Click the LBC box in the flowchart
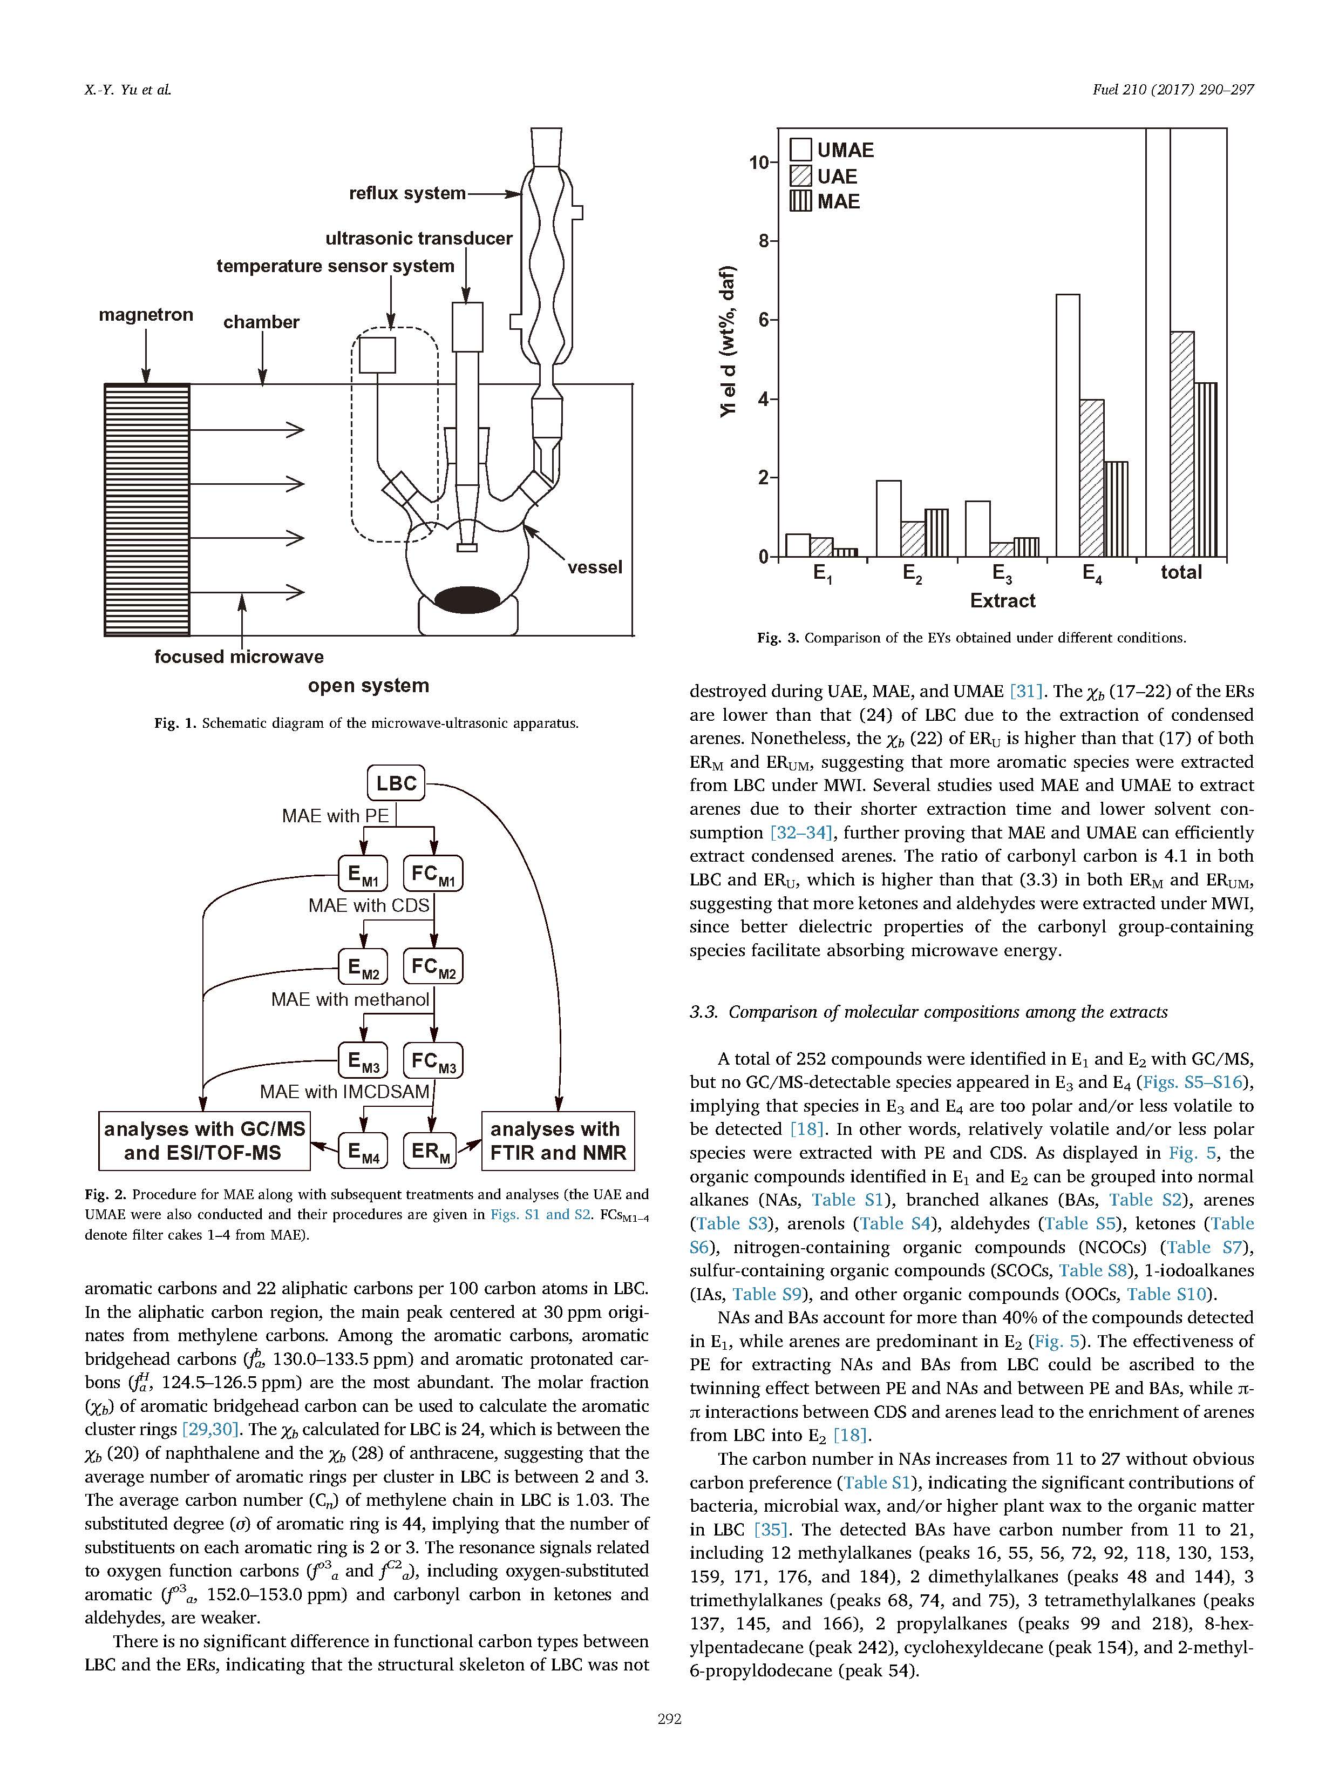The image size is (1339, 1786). (x=396, y=783)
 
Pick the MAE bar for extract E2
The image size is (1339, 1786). (x=936, y=533)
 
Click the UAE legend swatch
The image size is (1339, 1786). (x=801, y=176)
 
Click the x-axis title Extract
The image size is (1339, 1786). (x=1002, y=601)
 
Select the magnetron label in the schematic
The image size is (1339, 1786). (x=146, y=315)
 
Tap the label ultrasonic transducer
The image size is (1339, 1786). (x=419, y=238)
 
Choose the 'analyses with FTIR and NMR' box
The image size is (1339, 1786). (x=558, y=1141)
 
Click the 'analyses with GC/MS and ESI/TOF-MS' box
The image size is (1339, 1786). (x=204, y=1141)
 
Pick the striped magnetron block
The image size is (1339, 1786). (x=147, y=510)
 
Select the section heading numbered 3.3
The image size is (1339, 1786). (x=928, y=1012)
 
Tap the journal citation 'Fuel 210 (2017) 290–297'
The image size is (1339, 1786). (x=1173, y=90)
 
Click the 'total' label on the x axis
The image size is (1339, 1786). (x=1181, y=572)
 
